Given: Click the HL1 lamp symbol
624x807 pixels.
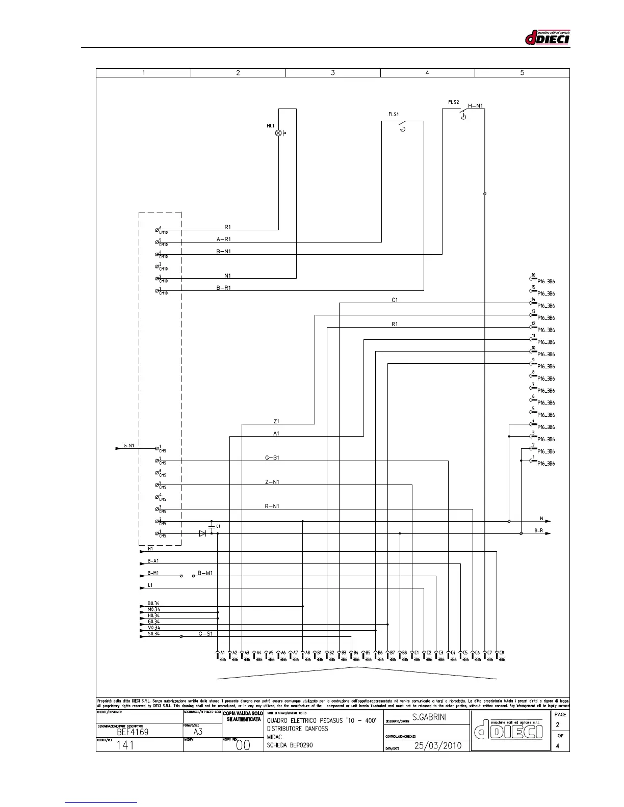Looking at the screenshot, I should [278, 133].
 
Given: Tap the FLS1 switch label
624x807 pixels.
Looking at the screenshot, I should [394, 115].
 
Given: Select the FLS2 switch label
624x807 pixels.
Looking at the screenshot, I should [454, 102].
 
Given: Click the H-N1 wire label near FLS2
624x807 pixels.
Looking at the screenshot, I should [475, 106].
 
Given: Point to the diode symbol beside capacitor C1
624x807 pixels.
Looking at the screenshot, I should [202, 533].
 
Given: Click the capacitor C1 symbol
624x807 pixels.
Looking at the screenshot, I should [212, 526].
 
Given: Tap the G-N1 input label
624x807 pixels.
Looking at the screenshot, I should [128, 446].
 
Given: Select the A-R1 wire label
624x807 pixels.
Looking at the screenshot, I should [224, 239].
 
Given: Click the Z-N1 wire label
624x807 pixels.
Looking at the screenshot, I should [272, 482].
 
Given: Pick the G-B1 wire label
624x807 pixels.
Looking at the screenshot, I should [272, 458].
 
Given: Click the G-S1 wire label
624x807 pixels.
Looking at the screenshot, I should [205, 634].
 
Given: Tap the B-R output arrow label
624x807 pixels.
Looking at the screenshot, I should [538, 530].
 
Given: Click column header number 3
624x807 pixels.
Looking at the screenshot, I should [333, 73].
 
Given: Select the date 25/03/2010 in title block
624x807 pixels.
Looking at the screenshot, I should [438, 745].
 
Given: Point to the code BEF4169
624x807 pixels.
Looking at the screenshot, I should [133, 732].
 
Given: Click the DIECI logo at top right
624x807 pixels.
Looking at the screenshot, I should [547, 37].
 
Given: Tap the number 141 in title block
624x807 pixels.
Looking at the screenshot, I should [125, 745].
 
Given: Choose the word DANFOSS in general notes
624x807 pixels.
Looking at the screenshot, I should [314, 729].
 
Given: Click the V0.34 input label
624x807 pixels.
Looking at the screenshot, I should [153, 628].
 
